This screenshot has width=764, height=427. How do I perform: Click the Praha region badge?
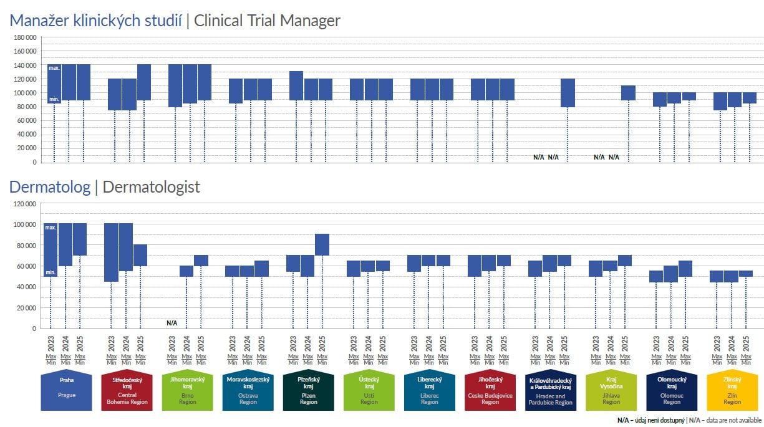tap(66, 391)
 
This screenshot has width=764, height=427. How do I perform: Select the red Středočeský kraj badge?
tap(127, 391)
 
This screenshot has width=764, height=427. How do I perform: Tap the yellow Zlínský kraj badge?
tap(732, 391)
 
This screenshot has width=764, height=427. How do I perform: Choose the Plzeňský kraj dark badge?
tap(308, 391)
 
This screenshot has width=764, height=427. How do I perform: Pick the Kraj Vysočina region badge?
tap(611, 391)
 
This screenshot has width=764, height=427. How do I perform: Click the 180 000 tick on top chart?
tap(25, 37)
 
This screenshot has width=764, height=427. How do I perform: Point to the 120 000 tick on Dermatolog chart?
tap(25, 204)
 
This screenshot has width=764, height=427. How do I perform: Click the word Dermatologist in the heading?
tap(151, 187)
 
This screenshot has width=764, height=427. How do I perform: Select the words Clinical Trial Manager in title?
tap(267, 21)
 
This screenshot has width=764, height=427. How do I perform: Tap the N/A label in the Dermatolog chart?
tap(172, 323)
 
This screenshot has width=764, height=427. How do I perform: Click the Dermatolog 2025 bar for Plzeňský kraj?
tap(322, 244)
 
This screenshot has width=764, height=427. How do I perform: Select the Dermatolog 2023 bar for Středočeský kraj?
tap(112, 252)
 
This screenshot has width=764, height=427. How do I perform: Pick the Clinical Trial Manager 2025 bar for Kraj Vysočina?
tap(628, 93)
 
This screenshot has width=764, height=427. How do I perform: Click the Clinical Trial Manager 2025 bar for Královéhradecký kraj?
tap(568, 93)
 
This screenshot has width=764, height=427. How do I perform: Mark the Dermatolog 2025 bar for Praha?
tap(80, 239)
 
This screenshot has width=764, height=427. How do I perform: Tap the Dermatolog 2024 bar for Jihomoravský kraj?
tap(186, 271)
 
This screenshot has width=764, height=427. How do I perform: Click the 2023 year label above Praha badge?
tap(51, 344)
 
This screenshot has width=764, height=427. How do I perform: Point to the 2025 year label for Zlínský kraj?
tap(746, 344)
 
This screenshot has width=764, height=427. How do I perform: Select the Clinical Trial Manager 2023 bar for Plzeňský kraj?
tap(296, 85)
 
